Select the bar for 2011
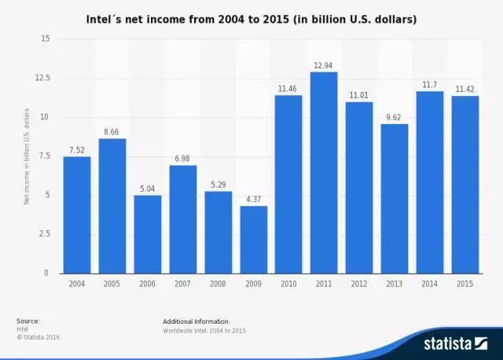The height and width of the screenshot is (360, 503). click(324, 173)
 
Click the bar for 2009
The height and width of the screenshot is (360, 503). click(253, 240)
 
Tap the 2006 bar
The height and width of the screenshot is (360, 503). click(147, 234)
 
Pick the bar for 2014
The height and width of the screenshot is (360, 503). click(430, 182)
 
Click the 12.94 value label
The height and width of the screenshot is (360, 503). click(324, 65)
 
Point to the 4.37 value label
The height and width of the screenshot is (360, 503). click(253, 200)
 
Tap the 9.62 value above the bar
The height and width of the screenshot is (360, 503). click(395, 117)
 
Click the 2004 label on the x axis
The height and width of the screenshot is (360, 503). click(76, 284)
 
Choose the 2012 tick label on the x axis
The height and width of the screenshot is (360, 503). click(359, 284)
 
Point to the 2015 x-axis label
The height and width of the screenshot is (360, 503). click(465, 284)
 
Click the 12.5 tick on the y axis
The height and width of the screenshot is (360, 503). click(41, 78)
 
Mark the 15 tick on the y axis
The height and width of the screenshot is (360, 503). click(45, 39)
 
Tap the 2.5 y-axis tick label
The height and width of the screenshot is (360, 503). click(42, 234)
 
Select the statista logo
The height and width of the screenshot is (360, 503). click(456, 343)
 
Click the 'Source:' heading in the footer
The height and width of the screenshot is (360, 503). click(28, 321)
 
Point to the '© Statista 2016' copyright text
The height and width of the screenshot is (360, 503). click(38, 337)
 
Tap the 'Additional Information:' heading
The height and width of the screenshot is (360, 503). click(196, 321)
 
